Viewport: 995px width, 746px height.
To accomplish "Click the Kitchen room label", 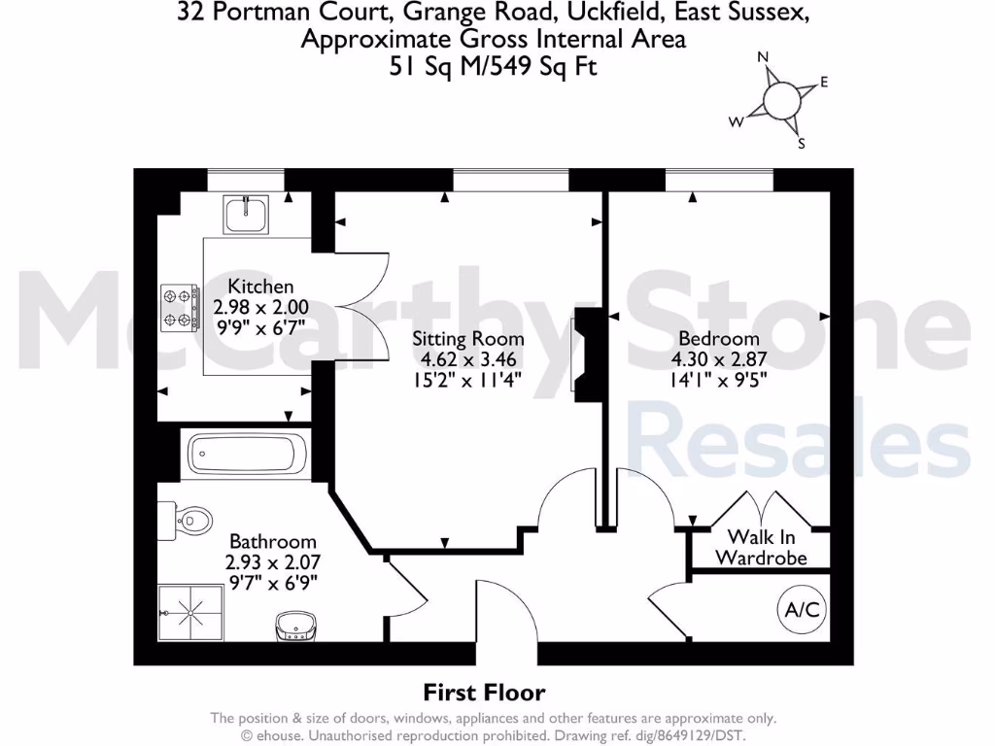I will click(x=260, y=287).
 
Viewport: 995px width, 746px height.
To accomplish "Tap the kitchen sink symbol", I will click(x=248, y=214).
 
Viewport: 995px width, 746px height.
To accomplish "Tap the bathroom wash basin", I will click(x=295, y=627).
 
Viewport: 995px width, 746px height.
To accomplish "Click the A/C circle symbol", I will click(x=803, y=610).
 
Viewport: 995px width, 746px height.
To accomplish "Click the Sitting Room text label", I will click(x=468, y=339).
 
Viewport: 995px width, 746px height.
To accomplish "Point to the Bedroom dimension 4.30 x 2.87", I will click(x=719, y=359).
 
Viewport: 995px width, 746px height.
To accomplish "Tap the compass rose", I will click(x=781, y=99).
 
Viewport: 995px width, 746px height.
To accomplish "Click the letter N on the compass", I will click(x=764, y=57).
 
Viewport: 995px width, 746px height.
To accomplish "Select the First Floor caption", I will click(x=484, y=693).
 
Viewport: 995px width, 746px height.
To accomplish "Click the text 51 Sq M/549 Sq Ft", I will click(x=492, y=67).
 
